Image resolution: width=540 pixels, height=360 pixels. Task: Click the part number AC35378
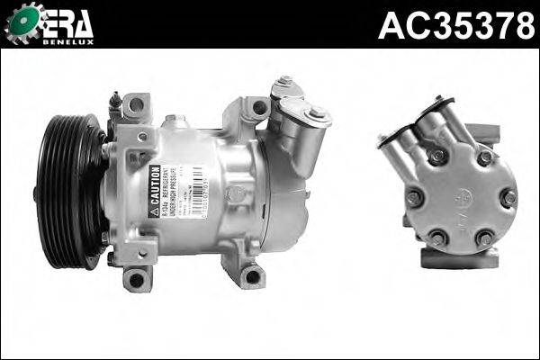click(456, 25)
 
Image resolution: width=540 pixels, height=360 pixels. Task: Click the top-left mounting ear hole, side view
click(135, 105)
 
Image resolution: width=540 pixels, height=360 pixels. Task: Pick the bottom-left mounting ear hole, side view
click(136, 279)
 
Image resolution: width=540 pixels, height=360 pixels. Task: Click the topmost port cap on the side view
click(285, 83)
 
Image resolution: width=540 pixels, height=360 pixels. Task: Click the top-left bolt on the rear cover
click(437, 157)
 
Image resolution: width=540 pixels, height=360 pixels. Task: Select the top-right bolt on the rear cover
click(485, 157)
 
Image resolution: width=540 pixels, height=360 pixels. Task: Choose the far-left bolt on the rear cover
click(414, 197)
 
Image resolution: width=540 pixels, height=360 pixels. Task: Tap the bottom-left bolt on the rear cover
click(438, 238)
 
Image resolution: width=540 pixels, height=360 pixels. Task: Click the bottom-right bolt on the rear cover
click(486, 238)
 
